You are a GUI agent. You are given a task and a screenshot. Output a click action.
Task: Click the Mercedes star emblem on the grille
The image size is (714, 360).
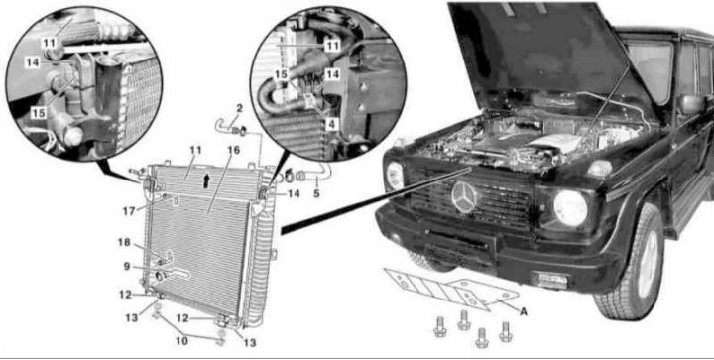click(x=464, y=197)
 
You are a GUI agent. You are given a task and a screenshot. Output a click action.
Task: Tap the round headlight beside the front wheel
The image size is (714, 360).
click(x=570, y=208)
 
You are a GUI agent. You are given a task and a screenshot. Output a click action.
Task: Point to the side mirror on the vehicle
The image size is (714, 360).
click(x=692, y=103)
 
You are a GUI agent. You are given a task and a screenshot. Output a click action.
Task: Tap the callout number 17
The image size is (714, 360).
click(x=129, y=210)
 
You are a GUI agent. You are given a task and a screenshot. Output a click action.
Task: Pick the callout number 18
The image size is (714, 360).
click(x=124, y=242)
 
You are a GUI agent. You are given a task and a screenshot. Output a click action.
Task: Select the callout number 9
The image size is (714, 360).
click(x=126, y=266)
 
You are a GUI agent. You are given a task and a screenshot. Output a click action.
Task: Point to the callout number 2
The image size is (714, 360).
click(x=238, y=108)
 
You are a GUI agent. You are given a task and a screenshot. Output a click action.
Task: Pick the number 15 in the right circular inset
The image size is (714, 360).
click(x=282, y=73)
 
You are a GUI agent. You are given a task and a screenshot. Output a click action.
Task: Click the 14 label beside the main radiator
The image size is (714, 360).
click(x=294, y=194)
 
